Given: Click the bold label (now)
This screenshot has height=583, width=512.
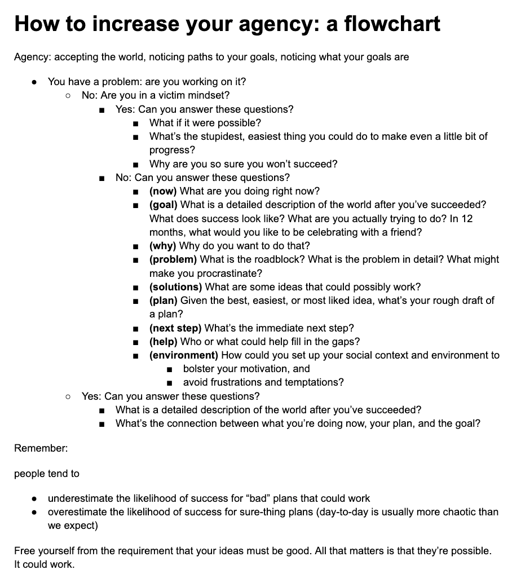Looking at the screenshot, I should [x=163, y=191].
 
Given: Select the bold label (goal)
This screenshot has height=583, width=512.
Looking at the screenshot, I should [x=164, y=205].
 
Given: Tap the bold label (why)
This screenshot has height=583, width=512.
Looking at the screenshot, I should [x=163, y=246].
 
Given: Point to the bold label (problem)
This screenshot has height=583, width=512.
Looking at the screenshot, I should [x=173, y=259].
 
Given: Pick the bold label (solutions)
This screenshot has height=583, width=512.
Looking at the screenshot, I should [x=175, y=287].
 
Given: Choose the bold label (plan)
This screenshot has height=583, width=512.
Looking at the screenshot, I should [x=164, y=301].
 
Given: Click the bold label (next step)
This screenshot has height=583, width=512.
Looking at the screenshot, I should [x=175, y=328].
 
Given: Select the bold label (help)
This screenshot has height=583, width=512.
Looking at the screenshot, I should [x=164, y=342].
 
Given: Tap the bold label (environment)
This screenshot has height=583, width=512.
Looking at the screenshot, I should [x=184, y=355].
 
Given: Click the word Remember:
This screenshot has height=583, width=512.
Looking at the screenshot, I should [x=41, y=449].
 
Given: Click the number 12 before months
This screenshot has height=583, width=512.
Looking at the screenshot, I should [x=467, y=219].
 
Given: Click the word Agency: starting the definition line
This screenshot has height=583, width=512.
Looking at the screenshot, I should [x=32, y=57].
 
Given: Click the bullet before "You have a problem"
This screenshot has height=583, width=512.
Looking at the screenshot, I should [x=35, y=82].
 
